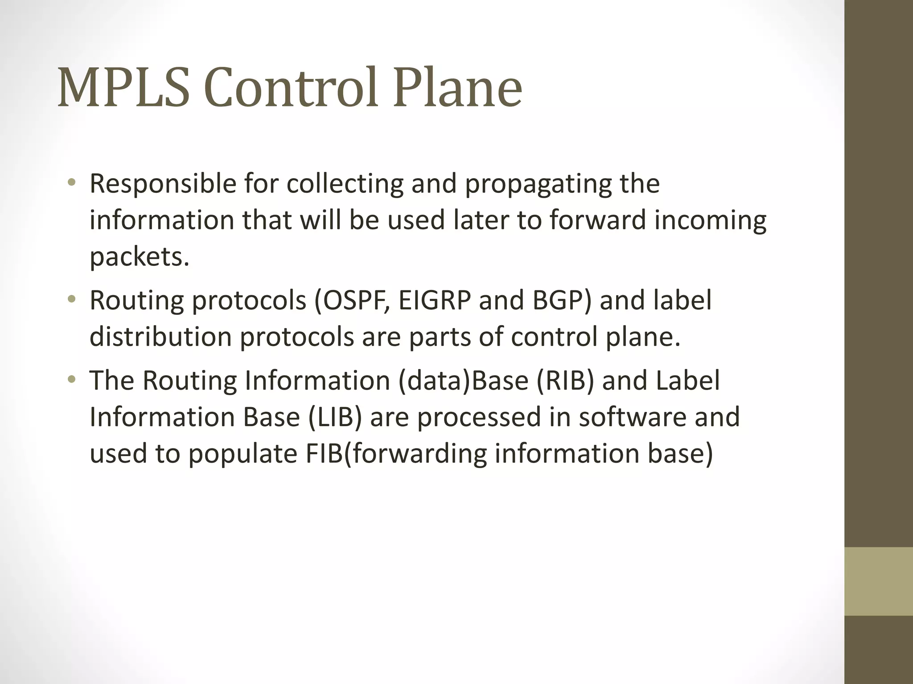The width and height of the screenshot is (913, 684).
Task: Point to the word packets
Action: click(140, 257)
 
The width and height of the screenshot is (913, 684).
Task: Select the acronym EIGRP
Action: click(435, 301)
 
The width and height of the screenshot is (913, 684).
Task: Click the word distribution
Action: click(160, 337)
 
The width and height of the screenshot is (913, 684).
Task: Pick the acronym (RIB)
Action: click(565, 381)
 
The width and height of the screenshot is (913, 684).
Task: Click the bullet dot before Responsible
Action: click(72, 183)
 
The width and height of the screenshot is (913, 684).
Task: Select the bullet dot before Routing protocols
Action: click(72, 300)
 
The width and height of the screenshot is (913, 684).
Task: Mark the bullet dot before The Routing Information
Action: click(72, 380)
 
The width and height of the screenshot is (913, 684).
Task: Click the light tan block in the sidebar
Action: click(879, 581)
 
